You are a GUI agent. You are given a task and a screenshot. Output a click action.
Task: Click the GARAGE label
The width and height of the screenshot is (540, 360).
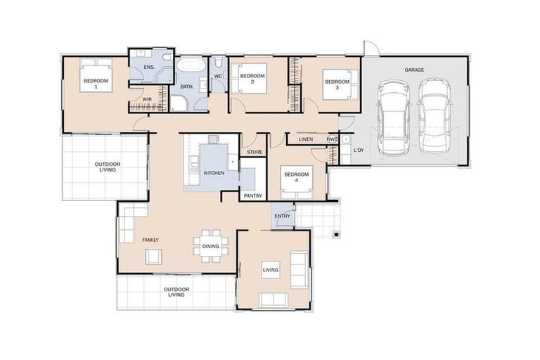click(x=414, y=70)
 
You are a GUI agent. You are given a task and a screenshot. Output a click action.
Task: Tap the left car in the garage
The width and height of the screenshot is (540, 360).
click(x=394, y=117)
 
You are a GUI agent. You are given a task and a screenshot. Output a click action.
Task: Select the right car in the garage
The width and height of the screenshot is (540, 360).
click(x=435, y=116)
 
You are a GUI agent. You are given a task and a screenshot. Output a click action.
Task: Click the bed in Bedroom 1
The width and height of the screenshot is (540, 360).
click(x=96, y=75)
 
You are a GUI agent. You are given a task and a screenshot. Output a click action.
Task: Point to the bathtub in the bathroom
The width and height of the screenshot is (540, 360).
click(x=192, y=65)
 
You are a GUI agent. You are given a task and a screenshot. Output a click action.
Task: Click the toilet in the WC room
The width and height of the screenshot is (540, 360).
click(x=219, y=63)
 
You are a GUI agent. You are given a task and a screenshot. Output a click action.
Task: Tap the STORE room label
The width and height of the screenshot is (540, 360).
click(x=255, y=152)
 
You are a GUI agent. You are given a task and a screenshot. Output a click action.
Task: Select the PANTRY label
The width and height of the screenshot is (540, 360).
click(x=253, y=195)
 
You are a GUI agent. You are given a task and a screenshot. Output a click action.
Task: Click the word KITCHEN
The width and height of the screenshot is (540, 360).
click(x=214, y=173)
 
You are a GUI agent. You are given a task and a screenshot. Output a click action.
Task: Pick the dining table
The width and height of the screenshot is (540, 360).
click(x=211, y=246)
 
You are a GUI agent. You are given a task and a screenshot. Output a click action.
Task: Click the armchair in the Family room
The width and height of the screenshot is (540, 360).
click(x=153, y=257)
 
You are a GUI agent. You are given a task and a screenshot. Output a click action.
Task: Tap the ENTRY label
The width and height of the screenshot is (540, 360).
click(x=283, y=216)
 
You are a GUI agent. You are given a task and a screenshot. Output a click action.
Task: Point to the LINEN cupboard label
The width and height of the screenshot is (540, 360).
click(x=306, y=139)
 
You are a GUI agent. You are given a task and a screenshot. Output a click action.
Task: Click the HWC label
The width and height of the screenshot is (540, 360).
click(x=332, y=139)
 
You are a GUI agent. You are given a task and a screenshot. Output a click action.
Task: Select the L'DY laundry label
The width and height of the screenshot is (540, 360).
click(x=359, y=150)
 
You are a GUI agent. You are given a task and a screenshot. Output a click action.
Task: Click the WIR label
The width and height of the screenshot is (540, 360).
click(x=147, y=99)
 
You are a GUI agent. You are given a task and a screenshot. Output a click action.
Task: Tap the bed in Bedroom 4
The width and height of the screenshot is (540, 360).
click(x=297, y=183)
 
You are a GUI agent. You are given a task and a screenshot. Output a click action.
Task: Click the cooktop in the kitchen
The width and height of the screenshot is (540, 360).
click(x=214, y=139)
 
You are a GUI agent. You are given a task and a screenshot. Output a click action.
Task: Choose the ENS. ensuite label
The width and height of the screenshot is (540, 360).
click(x=149, y=67)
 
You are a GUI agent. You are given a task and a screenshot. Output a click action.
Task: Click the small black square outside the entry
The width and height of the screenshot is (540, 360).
click(x=337, y=235)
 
